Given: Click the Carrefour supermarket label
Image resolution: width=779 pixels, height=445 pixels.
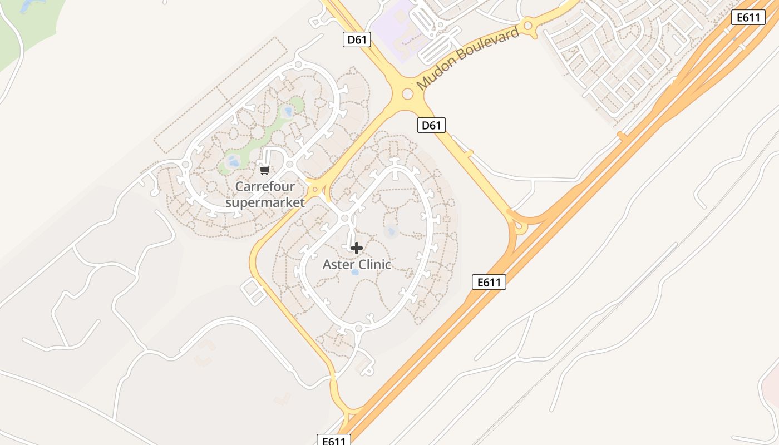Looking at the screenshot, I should pyautogui.click(x=265, y=194).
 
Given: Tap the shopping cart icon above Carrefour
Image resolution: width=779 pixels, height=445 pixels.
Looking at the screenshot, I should pyautogui.click(x=265, y=170).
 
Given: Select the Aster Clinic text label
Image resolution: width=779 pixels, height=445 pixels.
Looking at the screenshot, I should pyautogui.click(x=357, y=265).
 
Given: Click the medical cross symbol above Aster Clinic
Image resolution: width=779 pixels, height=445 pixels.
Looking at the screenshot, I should pyautogui.click(x=356, y=248).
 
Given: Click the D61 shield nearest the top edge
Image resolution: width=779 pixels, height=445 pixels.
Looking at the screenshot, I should pyautogui.click(x=357, y=39).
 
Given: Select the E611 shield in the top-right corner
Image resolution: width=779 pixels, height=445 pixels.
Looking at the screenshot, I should pyautogui.click(x=748, y=17).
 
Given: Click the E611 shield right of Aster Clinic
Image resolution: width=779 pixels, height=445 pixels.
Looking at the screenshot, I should pyautogui.click(x=489, y=282).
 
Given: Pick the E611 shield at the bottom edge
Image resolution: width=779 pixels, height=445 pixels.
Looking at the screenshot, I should pyautogui.click(x=334, y=441).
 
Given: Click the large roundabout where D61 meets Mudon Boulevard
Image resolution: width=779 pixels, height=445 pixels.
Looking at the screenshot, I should pyautogui.click(x=407, y=94).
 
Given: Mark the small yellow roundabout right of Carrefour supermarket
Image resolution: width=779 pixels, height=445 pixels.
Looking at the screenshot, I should pyautogui.click(x=315, y=189).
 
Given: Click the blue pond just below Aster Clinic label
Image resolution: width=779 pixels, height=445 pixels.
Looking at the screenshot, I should pyautogui.click(x=354, y=273).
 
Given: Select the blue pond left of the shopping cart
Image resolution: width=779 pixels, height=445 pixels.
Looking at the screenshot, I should pyautogui.click(x=234, y=162).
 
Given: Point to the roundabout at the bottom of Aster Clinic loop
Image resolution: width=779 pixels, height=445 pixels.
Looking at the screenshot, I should pyautogui.click(x=358, y=329).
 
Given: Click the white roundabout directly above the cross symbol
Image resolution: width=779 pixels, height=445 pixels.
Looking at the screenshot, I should pyautogui.click(x=345, y=219).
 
